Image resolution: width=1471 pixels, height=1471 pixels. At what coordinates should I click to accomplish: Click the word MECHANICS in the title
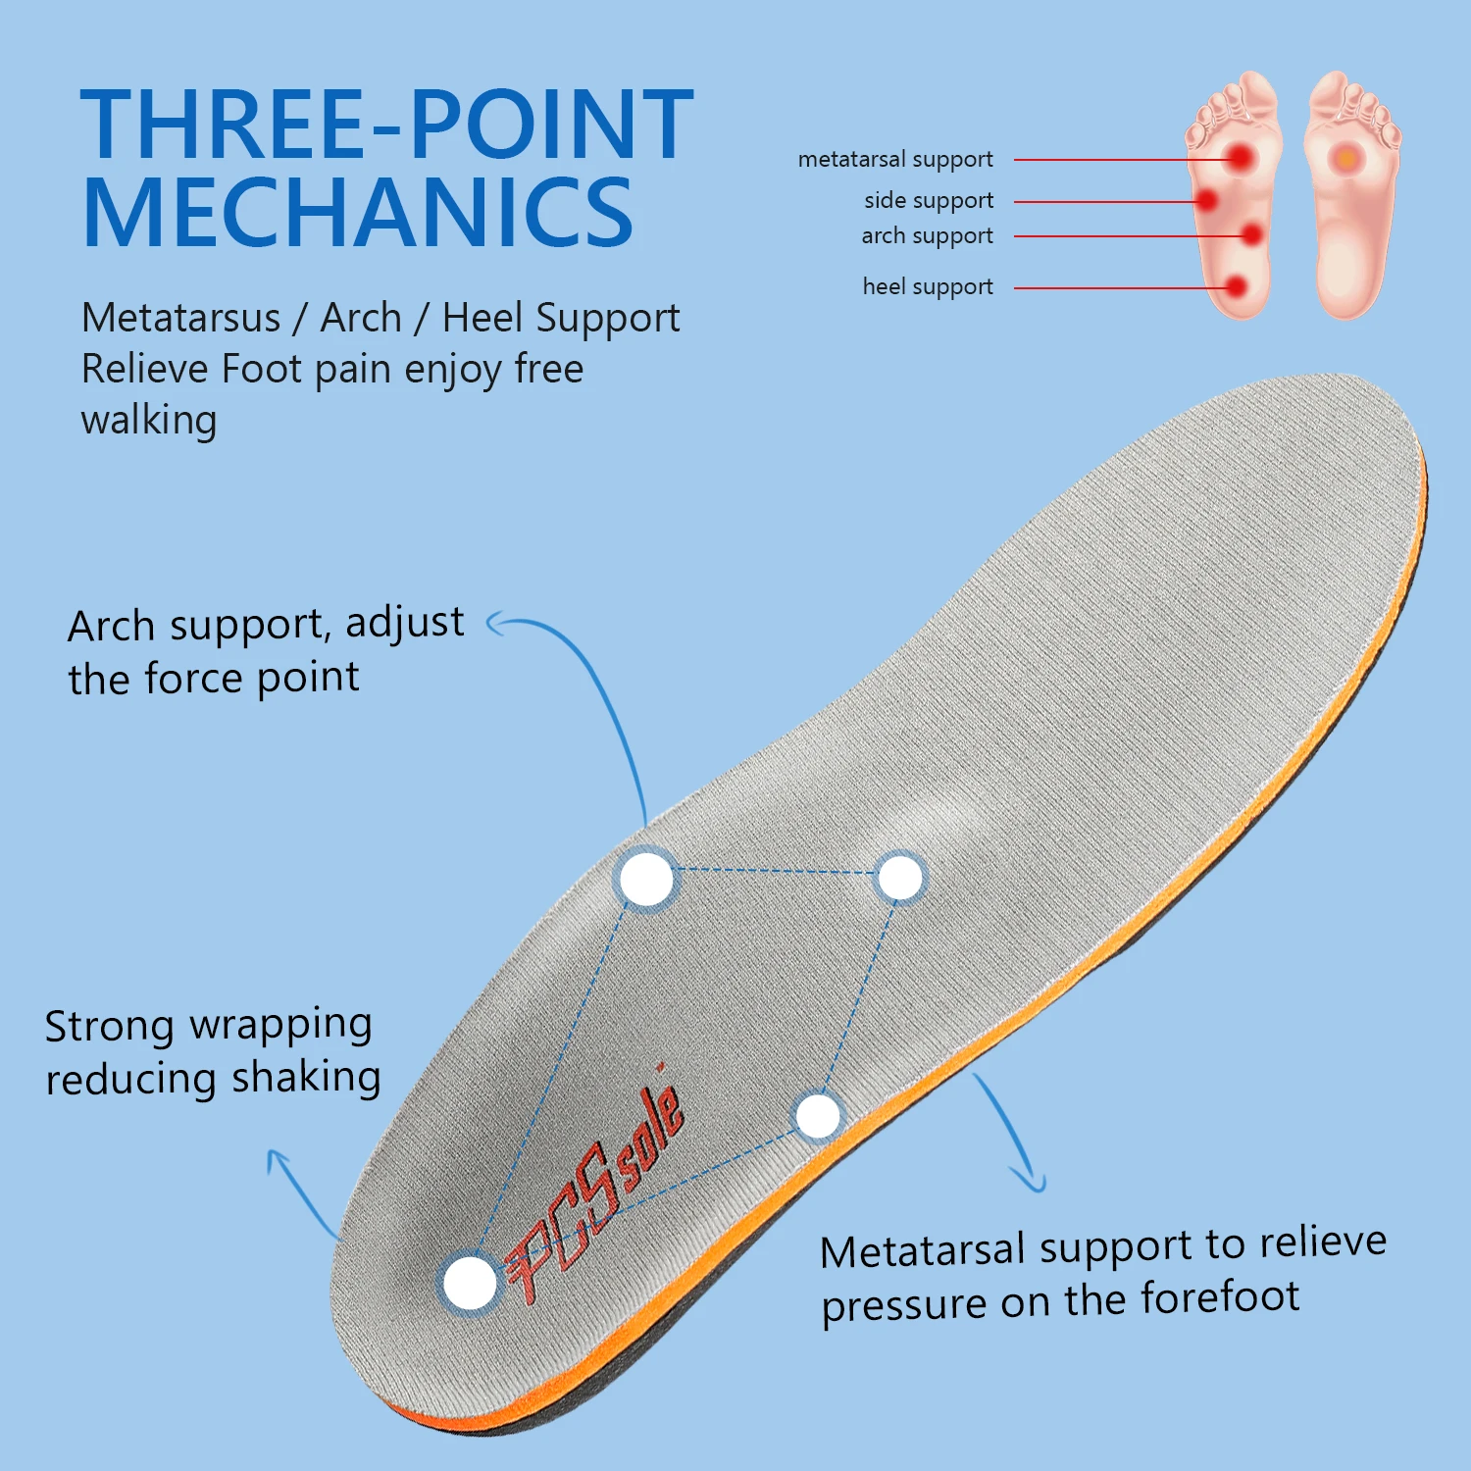point(358,214)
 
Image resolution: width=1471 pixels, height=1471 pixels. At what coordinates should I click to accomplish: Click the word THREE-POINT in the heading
point(386,125)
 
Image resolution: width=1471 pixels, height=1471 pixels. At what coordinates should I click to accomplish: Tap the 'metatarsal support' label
point(894,159)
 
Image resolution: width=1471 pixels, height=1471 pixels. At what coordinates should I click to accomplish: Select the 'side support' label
point(928,200)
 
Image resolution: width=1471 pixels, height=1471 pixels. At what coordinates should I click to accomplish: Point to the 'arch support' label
point(927,235)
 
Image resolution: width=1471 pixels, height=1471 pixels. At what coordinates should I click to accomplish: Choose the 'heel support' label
point(927,286)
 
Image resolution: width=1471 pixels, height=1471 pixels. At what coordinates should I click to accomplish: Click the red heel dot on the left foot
point(1236,287)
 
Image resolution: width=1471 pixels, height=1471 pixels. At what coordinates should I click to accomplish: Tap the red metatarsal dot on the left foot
point(1242,157)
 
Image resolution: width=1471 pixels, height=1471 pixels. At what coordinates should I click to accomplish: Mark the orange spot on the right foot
point(1347,158)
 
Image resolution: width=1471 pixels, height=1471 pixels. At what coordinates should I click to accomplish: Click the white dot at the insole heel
point(470,1283)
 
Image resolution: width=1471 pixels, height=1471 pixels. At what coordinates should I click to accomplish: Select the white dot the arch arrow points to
point(646,879)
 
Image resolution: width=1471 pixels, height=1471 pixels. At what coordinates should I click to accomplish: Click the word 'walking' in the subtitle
point(149,421)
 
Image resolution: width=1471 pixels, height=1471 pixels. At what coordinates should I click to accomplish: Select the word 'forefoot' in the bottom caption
point(1220,1297)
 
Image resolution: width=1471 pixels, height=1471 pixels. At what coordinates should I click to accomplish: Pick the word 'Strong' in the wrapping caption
point(109,1027)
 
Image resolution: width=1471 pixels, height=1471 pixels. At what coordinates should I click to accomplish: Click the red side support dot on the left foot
point(1206,200)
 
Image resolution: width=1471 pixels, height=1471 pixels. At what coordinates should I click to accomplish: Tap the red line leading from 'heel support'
point(1118,287)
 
